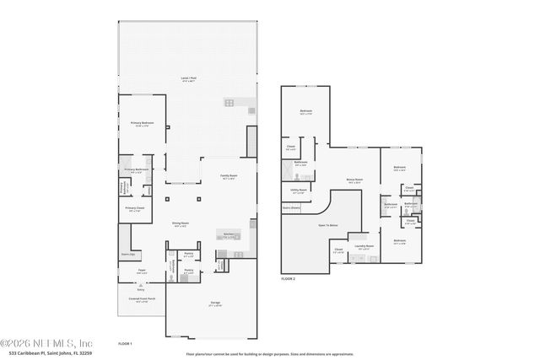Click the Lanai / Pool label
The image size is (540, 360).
click(x=188, y=79)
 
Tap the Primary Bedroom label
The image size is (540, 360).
click(x=140, y=125)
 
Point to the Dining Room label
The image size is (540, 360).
click(x=181, y=223)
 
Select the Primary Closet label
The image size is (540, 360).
click(x=134, y=209)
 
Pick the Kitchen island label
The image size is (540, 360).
click(x=228, y=235)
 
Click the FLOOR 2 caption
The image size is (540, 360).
click(x=289, y=278)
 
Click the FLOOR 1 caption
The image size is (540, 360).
click(x=125, y=344)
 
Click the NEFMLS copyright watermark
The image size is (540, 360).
click(x=46, y=343)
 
